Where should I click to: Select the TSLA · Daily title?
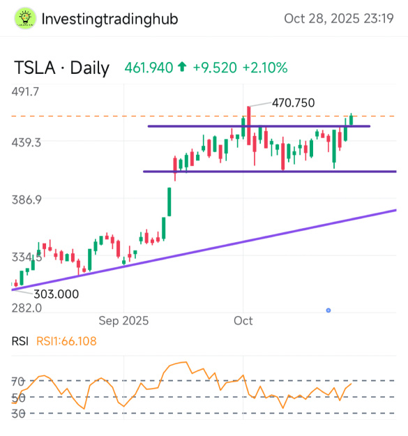(62, 68)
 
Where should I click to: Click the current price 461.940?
(149, 68)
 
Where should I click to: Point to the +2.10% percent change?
(264, 68)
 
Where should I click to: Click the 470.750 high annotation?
(293, 103)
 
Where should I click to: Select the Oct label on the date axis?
(243, 321)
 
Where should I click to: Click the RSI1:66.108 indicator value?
(69, 341)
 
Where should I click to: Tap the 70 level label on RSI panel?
(18, 382)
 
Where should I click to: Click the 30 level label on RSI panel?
(18, 413)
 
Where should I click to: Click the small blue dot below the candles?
(328, 310)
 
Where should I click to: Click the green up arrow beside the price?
(182, 68)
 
